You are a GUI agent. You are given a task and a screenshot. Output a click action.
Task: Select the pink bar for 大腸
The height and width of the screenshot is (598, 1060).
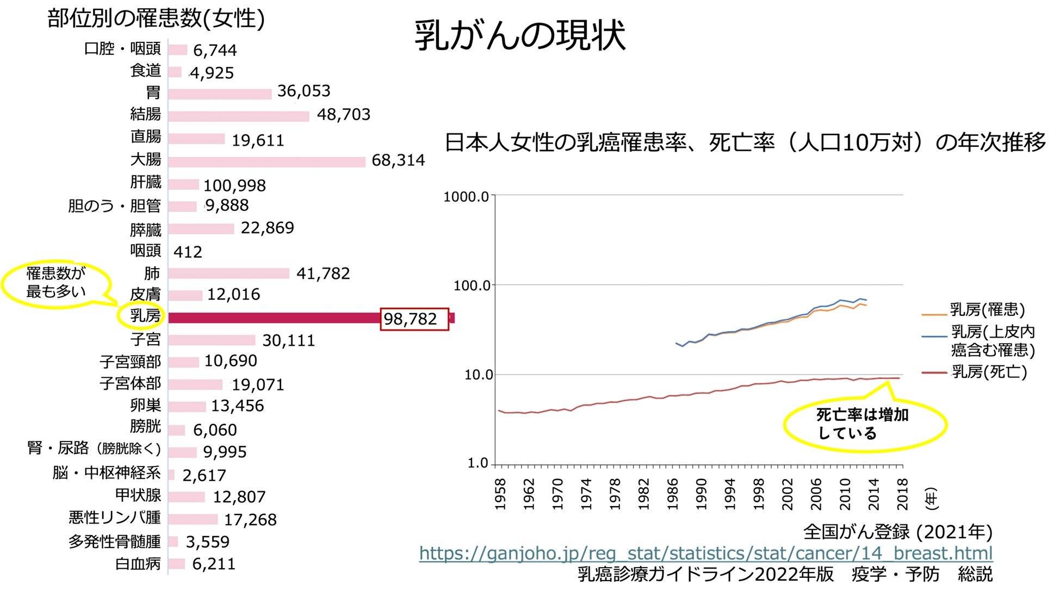click(266, 161)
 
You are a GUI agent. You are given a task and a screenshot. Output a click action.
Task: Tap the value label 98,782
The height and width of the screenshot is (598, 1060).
click(411, 319)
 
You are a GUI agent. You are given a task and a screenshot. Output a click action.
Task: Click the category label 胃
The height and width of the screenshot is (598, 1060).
click(153, 92)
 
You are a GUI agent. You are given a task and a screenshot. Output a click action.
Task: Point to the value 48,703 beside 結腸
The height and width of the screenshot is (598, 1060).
click(343, 115)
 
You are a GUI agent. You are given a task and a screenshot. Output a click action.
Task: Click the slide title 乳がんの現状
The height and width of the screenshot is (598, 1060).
click(520, 36)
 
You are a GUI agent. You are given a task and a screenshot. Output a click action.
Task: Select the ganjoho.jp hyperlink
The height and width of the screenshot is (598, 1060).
click(705, 553)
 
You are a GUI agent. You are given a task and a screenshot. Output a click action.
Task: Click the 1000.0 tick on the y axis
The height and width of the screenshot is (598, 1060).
click(466, 197)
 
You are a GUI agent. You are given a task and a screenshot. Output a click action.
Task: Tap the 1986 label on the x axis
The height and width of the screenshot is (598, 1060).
click(673, 494)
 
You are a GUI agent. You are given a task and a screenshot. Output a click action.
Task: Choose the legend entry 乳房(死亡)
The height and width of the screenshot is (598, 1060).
click(989, 372)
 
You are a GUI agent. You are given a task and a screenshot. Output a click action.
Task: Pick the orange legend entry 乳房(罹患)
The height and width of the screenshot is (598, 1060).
click(987, 310)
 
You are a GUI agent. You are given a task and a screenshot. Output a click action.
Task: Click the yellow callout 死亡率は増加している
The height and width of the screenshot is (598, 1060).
click(864, 424)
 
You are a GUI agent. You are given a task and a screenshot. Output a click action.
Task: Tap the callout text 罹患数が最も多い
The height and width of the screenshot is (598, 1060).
click(56, 283)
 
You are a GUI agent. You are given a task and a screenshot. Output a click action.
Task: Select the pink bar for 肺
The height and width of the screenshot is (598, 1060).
click(228, 273)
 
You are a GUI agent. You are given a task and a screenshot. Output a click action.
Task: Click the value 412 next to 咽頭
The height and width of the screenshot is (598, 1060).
click(188, 252)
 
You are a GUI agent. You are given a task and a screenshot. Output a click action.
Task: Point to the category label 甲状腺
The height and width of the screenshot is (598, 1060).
click(138, 496)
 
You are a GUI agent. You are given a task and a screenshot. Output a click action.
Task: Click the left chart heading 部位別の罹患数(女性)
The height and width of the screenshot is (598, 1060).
click(156, 19)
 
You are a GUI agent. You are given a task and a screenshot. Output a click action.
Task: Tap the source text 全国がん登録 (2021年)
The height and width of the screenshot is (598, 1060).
click(897, 532)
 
